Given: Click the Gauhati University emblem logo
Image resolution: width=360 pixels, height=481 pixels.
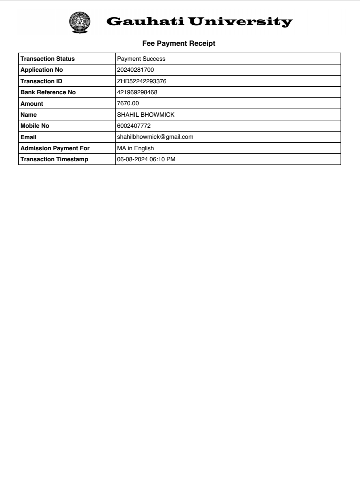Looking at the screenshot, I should (x=81, y=23).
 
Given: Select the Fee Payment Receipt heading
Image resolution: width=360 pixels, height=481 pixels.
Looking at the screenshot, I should (x=179, y=43).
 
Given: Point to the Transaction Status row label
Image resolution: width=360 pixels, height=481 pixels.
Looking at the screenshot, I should (x=47, y=59).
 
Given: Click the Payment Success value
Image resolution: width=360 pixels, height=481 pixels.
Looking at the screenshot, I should (x=141, y=59).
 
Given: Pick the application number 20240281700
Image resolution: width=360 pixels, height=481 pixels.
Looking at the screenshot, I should (x=135, y=70).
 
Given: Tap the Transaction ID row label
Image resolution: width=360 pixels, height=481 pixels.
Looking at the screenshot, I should (x=41, y=81).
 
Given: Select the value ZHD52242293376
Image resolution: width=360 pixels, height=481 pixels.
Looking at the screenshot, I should (x=142, y=81).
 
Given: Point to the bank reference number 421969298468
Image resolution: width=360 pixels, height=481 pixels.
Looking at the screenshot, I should (x=137, y=92).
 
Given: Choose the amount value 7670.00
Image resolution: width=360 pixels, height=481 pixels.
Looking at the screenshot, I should (x=128, y=103).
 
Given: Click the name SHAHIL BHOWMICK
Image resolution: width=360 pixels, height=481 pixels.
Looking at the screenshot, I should (x=145, y=115).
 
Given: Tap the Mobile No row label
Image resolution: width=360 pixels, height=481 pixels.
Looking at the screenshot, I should (x=35, y=126).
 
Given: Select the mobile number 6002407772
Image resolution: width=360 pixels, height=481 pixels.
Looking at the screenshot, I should (x=134, y=126).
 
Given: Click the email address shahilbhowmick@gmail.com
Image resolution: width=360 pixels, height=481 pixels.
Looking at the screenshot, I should (x=155, y=137).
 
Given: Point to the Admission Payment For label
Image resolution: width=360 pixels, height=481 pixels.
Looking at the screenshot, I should (x=55, y=148).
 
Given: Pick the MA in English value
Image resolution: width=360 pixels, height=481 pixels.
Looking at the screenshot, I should (x=135, y=148).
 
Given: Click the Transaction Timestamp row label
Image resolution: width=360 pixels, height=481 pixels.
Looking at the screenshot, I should (x=54, y=159).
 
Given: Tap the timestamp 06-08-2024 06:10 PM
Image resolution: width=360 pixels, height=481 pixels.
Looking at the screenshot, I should (x=146, y=159).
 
